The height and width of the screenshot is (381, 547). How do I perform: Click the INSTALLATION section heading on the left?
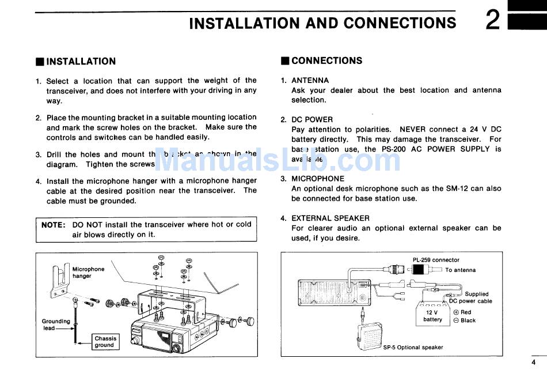pyautogui.click(x=81, y=61)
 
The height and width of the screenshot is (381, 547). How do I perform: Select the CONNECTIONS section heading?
pyautogui.click(x=326, y=61)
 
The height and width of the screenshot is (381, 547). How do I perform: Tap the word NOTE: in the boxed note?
pyautogui.click(x=54, y=225)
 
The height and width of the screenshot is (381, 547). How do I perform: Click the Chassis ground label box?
pyautogui.click(x=105, y=342)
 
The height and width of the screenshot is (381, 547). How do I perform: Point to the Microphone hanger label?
pyautogui.click(x=88, y=273)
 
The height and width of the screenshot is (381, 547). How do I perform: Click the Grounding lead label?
pyautogui.click(x=56, y=325)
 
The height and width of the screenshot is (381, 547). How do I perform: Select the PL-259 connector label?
pyautogui.click(x=436, y=260)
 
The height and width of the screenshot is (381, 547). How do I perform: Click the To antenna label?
pyautogui.click(x=460, y=270)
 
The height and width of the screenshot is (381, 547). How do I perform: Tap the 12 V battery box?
pyautogui.click(x=432, y=316)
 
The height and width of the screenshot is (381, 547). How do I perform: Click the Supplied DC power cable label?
pyautogui.click(x=471, y=297)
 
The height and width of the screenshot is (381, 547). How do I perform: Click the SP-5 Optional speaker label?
pyautogui.click(x=413, y=348)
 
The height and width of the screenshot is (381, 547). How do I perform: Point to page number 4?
pyautogui.click(x=533, y=362)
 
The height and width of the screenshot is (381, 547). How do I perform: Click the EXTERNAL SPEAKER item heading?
pyautogui.click(x=331, y=218)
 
